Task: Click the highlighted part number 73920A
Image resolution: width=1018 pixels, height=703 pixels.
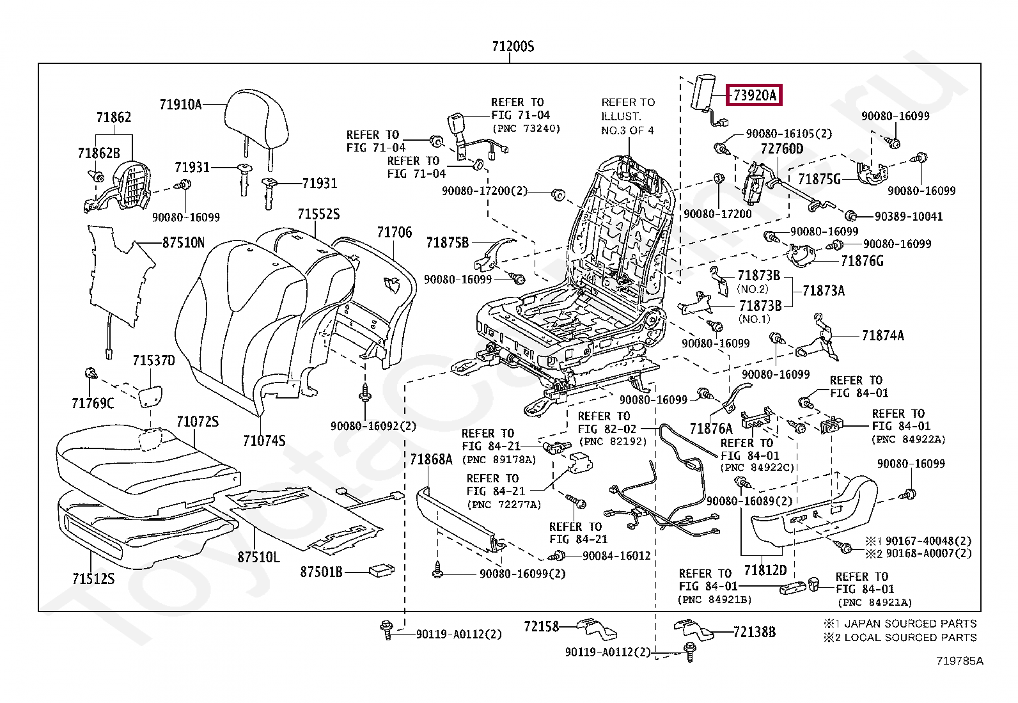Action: (x=755, y=96)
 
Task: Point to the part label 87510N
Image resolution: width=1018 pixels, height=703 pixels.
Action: (x=184, y=242)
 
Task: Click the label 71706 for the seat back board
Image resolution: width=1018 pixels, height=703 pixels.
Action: (x=394, y=233)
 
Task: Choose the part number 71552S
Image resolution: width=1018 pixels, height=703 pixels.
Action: (x=318, y=214)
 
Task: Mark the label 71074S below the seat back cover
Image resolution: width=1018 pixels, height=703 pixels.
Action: (x=264, y=441)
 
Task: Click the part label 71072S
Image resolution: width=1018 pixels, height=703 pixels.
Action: (x=198, y=422)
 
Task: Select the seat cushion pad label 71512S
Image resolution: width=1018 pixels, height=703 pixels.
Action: (x=93, y=579)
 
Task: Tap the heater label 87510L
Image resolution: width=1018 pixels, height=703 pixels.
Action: (x=258, y=557)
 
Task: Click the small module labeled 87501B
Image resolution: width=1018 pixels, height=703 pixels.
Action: (x=382, y=570)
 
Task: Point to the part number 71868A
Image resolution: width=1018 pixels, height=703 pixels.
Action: (x=431, y=459)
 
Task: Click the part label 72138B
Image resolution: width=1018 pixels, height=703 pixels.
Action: (x=755, y=632)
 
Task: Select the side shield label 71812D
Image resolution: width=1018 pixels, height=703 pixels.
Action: (x=765, y=569)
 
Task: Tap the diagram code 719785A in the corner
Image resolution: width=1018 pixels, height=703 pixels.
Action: (x=960, y=661)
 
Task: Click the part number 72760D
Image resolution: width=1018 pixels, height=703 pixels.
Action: (x=782, y=149)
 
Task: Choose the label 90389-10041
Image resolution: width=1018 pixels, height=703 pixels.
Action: (x=909, y=216)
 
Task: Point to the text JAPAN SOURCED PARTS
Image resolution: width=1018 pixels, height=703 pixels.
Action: (x=911, y=623)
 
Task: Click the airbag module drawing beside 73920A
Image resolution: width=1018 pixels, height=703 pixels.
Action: (x=706, y=93)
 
